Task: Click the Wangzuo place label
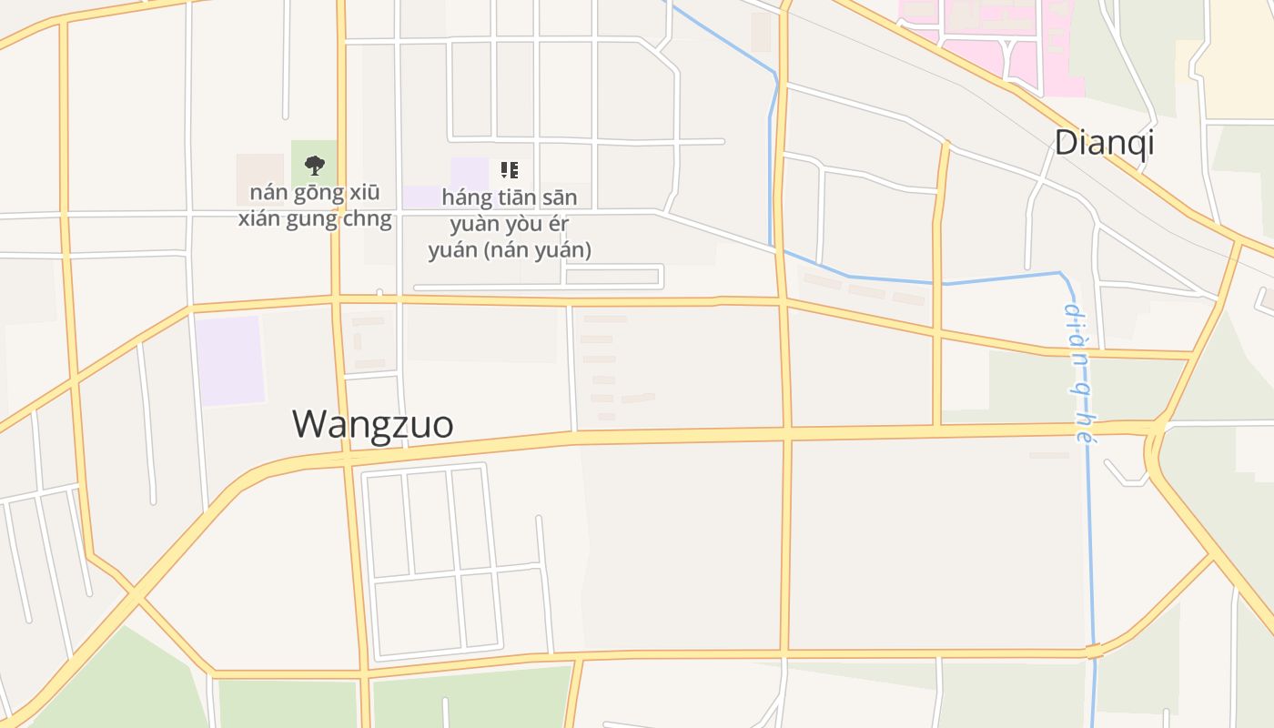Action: click(372, 424)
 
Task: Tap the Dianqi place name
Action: click(1104, 142)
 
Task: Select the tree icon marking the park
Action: click(314, 165)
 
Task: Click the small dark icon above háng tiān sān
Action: click(509, 169)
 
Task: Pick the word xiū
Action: click(361, 193)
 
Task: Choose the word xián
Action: click(260, 219)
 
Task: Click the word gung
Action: click(310, 219)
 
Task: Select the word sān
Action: click(560, 197)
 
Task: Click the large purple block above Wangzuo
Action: click(230, 360)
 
